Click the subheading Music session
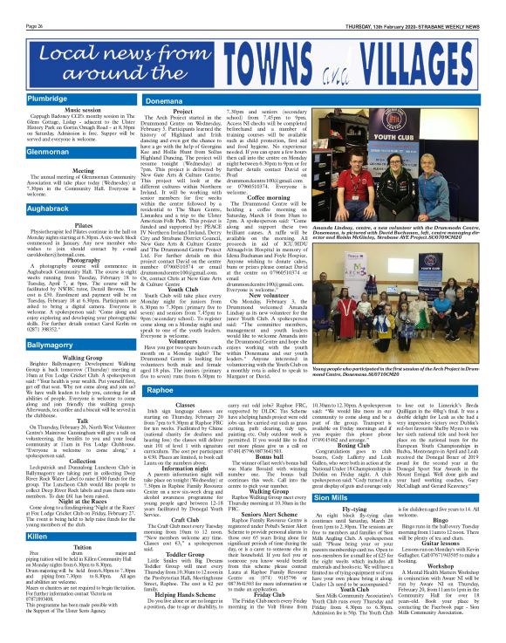[x=59, y=111]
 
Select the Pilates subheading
[x=59, y=224]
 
